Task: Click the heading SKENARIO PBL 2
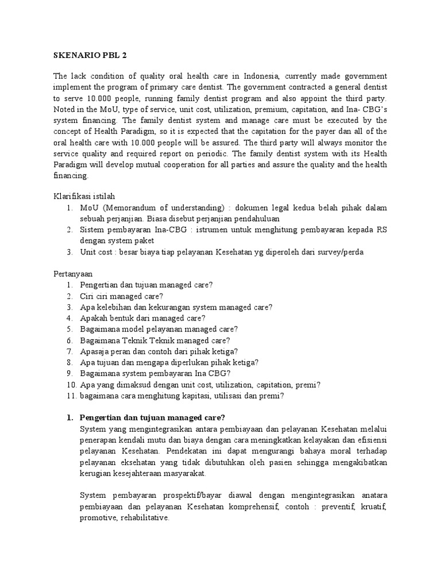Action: [89, 56]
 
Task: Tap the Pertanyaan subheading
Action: [74, 273]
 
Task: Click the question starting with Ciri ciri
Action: [121, 296]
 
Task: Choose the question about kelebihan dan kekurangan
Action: [176, 307]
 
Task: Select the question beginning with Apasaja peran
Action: [159, 351]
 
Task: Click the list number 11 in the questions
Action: [71, 395]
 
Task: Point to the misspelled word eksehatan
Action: [134, 462]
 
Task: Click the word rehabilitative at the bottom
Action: [144, 517]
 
